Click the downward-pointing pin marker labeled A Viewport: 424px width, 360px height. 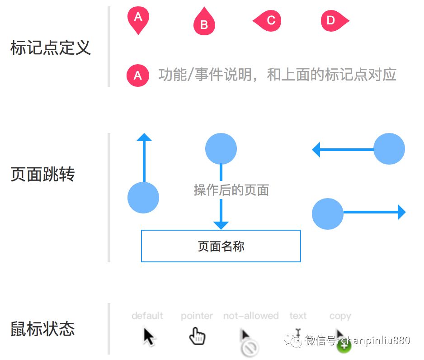138,19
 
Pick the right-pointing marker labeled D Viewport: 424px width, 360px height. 333,21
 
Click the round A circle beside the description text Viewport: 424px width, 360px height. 138,76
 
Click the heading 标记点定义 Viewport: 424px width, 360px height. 51,47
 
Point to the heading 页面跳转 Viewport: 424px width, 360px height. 42,174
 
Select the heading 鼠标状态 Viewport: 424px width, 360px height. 42,329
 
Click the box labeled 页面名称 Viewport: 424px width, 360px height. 221,246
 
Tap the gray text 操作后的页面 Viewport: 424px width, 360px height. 231,190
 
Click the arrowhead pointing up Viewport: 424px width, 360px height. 144,137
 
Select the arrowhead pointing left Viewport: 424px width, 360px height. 316,149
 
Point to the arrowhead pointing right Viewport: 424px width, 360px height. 401,212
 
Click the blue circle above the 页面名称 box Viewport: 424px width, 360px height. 221,149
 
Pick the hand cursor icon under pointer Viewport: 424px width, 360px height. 197,336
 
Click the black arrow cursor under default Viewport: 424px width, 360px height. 149,336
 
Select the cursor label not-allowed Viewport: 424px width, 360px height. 251,316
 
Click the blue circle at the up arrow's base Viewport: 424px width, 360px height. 143,198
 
